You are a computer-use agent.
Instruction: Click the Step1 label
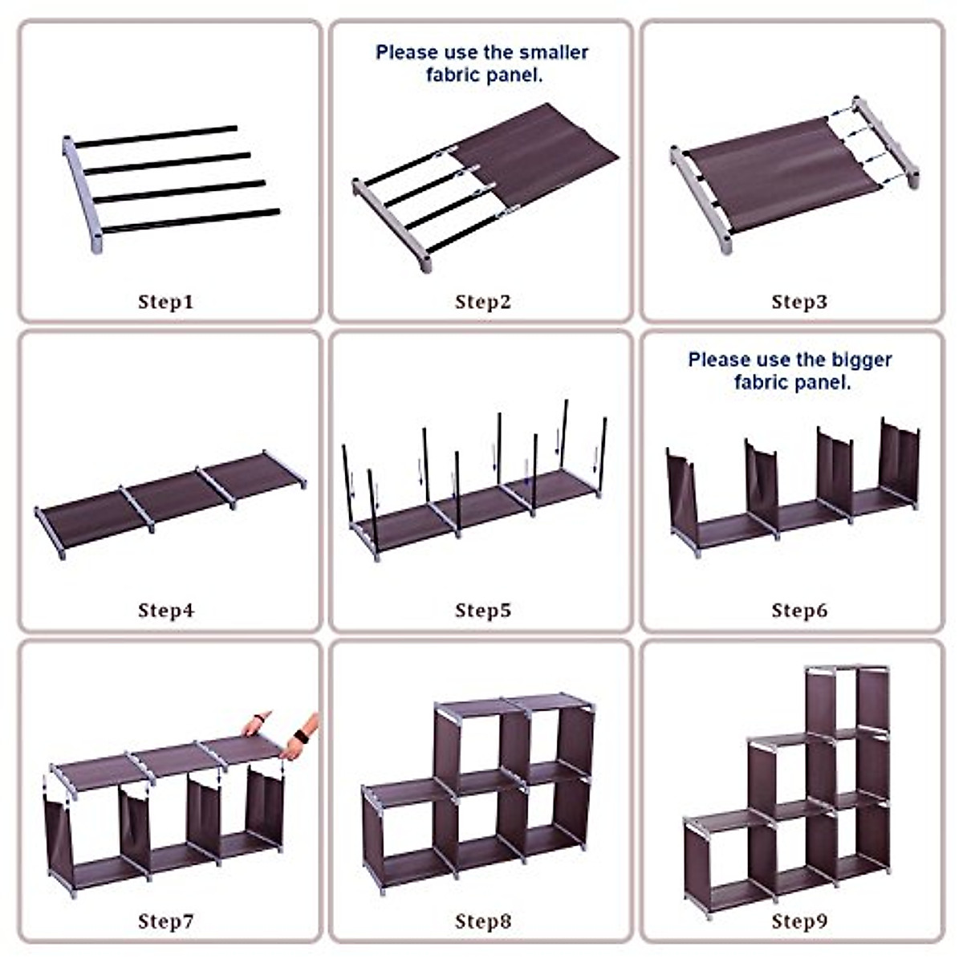coord(165,302)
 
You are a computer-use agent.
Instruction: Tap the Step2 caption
coord(483,302)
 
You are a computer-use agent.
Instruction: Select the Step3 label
coord(799,302)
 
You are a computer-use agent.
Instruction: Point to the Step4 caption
coord(166,610)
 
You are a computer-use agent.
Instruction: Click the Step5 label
coord(483,610)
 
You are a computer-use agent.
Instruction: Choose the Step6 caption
coord(799,610)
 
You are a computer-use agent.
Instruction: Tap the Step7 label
coord(165,921)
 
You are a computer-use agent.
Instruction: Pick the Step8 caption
coord(483,921)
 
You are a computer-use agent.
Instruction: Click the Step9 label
coord(799,921)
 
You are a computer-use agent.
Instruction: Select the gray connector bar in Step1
coord(82,195)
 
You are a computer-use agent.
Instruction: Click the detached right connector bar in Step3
coord(885,141)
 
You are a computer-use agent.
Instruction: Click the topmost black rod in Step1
coord(156,137)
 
